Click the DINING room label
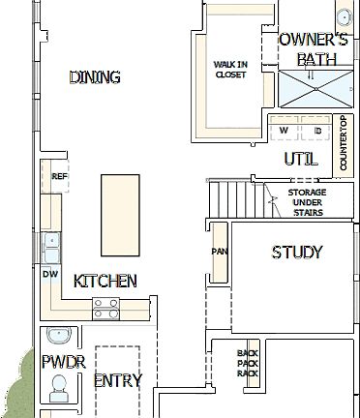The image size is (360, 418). [x=95, y=77]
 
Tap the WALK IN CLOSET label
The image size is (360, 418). [x=229, y=68]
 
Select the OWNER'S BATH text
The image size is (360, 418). [x=313, y=49]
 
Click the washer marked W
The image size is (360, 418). [x=284, y=130]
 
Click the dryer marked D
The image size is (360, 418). [x=317, y=130]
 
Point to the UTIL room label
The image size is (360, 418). [x=301, y=158]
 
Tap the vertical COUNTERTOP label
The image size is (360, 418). [x=343, y=144]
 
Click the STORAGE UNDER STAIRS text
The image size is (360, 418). [x=307, y=200]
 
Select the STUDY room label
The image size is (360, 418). [x=297, y=253]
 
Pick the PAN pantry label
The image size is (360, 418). [x=219, y=253]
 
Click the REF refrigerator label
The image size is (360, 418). [x=59, y=177]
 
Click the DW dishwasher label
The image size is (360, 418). [x=50, y=275]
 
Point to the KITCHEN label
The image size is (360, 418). [x=105, y=282]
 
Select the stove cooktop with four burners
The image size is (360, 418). [x=105, y=309]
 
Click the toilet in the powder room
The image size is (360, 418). [x=58, y=389]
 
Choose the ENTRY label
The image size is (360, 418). [x=117, y=380]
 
